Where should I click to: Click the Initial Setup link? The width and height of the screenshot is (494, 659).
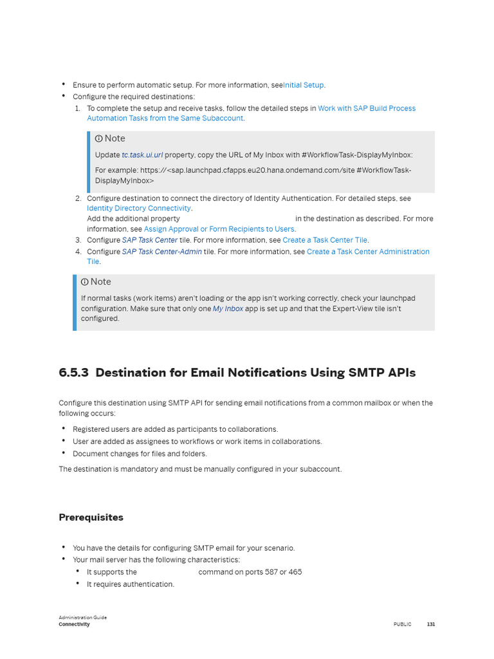coord(304,85)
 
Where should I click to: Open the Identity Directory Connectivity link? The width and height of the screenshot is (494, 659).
coord(139,209)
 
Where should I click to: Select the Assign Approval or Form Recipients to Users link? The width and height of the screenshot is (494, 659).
coord(219,229)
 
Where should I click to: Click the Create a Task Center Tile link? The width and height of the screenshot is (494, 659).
coord(325,240)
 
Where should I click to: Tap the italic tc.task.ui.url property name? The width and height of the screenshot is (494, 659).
coord(142,155)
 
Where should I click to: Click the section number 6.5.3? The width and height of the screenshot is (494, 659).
coord(74,373)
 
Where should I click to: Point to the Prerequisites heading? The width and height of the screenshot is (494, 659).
coord(91,517)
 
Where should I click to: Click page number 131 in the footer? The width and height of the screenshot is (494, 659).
coord(431,624)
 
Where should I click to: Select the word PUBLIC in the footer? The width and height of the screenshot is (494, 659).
coord(402,624)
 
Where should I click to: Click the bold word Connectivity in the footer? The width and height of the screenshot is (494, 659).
coord(74,624)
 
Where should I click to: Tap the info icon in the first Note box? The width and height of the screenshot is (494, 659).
coord(98,138)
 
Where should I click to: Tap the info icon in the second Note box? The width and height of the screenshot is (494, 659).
coord(84,282)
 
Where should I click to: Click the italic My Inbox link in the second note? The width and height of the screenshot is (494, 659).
coord(228,309)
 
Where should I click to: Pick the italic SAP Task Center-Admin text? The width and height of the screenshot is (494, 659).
coord(162,252)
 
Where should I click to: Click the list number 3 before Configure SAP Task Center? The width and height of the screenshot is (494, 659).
coord(78,240)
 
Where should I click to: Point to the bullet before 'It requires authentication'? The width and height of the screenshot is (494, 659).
coord(78,584)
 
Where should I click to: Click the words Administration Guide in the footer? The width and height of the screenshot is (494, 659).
coord(82,617)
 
